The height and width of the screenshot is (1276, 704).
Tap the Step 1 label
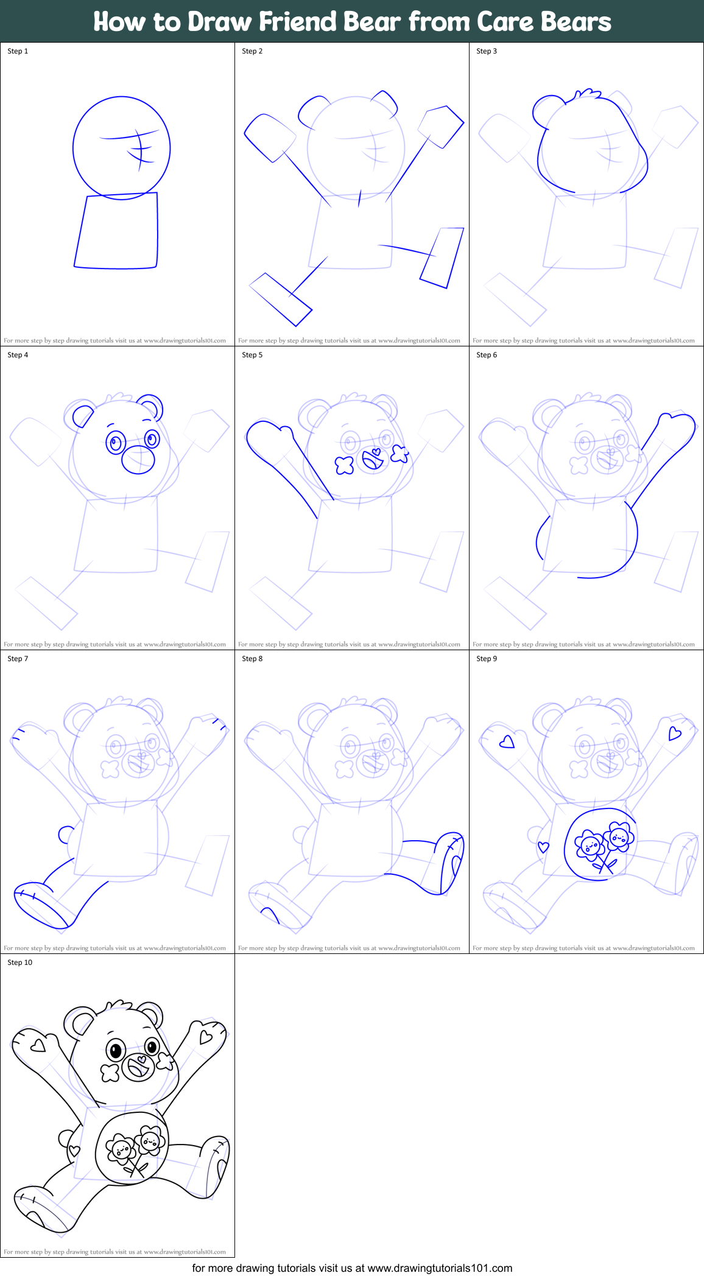18,51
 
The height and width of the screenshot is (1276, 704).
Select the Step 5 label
252,355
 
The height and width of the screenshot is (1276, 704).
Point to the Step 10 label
19,962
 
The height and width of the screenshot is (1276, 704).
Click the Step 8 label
252,659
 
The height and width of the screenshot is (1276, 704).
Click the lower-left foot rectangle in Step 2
280,299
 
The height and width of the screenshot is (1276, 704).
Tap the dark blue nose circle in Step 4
138,460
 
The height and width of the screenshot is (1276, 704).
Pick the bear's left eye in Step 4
116,443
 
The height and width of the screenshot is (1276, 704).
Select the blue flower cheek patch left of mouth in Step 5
345,465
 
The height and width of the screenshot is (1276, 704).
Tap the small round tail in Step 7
65,834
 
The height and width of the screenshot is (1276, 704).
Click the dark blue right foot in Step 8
451,863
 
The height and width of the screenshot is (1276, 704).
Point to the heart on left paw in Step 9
507,742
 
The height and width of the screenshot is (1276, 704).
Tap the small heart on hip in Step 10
74,1151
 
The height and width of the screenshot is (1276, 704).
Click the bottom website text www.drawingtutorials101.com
440,1268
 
